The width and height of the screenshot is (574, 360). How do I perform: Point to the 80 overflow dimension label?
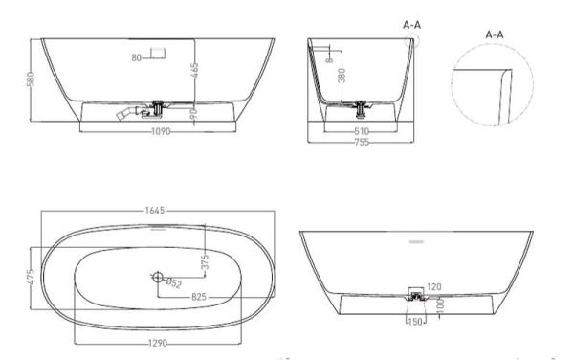pyautogui.click(x=137, y=58)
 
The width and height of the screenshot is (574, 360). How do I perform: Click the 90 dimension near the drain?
pyautogui.click(x=194, y=113)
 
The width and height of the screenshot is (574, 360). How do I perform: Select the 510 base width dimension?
pyautogui.click(x=362, y=131)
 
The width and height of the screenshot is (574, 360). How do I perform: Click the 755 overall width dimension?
pyautogui.click(x=362, y=142)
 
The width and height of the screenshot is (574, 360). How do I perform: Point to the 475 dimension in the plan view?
pyautogui.click(x=33, y=277)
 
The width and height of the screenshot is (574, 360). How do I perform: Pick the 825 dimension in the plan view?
pyautogui.click(x=199, y=298)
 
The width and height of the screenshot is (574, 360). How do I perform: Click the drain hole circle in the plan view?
pyautogui.click(x=157, y=278)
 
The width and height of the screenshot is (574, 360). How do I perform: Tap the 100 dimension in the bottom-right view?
pyautogui.click(x=440, y=305)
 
